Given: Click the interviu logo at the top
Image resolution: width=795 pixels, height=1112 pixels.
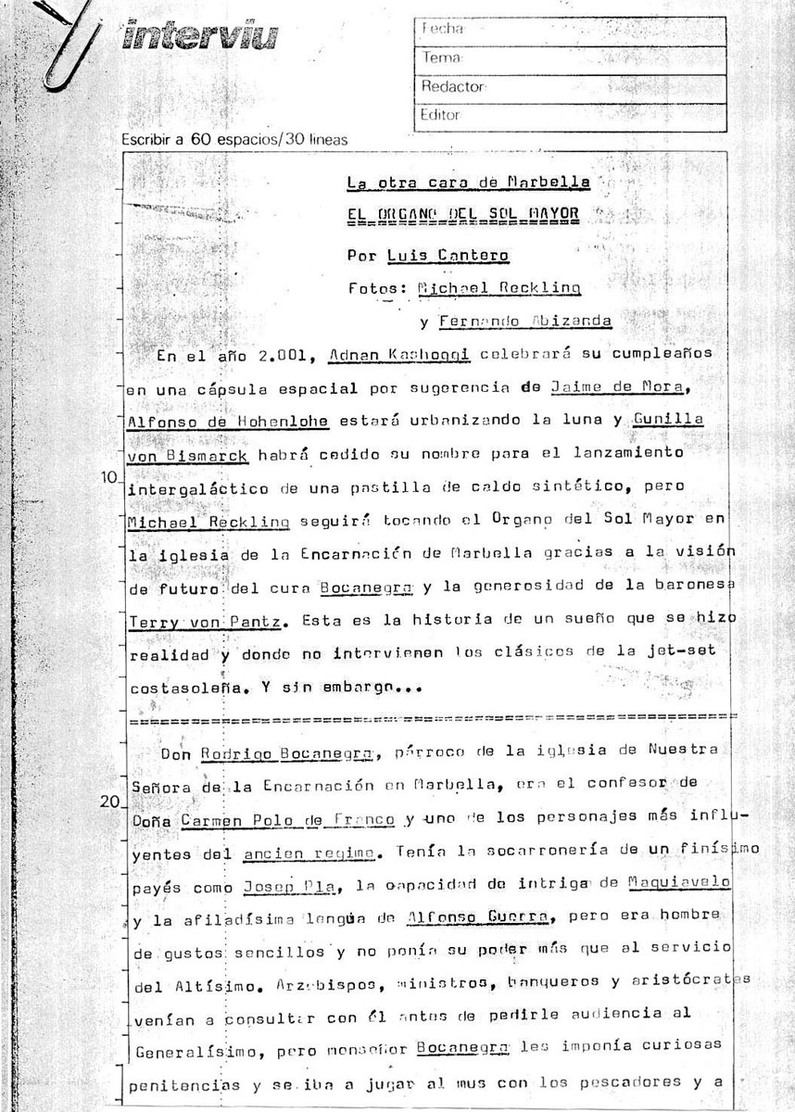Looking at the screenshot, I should pos(199,38).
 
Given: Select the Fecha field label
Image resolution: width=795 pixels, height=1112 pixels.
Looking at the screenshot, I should pos(442,29).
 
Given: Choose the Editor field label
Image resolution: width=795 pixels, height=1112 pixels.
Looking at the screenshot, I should pos(441,115).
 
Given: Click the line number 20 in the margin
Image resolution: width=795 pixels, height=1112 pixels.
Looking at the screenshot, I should pos(109,802).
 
